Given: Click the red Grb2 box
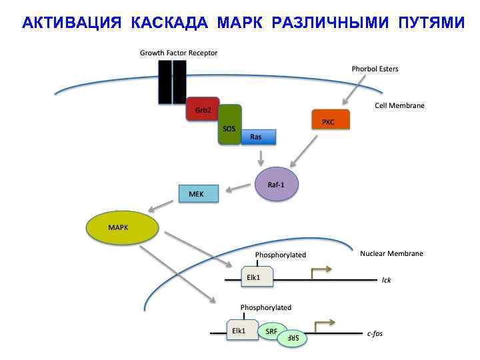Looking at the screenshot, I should [201, 111].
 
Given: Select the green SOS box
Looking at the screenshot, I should [230, 125].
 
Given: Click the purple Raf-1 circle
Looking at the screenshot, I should [277, 184].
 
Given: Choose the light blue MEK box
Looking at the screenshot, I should [198, 193].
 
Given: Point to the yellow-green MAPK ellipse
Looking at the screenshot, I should [123, 228].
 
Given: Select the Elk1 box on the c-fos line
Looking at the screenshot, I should [241, 329].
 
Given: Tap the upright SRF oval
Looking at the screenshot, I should [273, 331].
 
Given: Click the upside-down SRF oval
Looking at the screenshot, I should [294, 339].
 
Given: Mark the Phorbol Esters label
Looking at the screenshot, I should [375, 69].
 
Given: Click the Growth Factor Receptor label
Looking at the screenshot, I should [178, 53].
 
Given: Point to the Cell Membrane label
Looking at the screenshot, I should [399, 105].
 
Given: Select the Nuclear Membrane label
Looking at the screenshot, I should [391, 253].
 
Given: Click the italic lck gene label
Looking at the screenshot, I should [387, 280].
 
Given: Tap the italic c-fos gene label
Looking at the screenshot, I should [375, 333].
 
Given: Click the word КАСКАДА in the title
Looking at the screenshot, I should [170, 24].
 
